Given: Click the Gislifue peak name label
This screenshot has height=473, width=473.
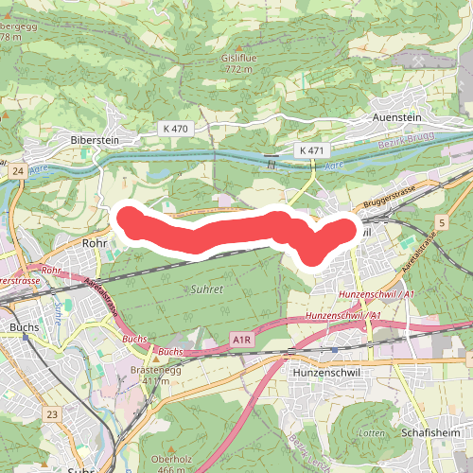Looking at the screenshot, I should click(239, 58).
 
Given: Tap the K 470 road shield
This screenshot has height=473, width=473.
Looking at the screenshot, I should click(176, 128).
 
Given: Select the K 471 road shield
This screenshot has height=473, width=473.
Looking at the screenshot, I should click(310, 150).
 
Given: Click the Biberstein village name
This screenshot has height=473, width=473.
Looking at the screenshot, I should click(94, 139).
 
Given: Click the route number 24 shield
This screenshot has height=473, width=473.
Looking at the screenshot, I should click(18, 171).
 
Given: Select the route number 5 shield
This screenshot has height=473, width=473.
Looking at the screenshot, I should click(441, 221).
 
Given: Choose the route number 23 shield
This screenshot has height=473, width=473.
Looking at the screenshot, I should click(52, 413).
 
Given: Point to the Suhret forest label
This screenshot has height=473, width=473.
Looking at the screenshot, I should click(206, 289).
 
